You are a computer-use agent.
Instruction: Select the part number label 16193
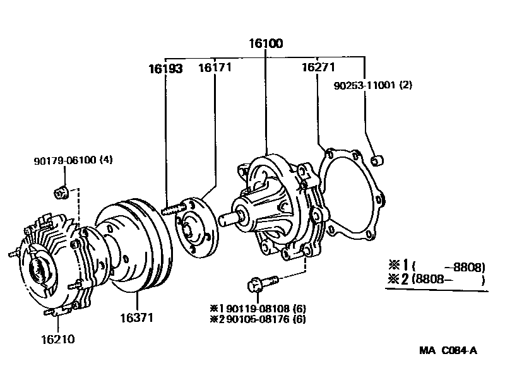[x=165, y=69]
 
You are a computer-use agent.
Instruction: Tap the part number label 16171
[x=215, y=68]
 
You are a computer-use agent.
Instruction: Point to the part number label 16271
[x=317, y=68]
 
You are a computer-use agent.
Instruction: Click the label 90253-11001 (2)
[x=372, y=85]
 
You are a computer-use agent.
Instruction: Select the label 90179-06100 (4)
[x=73, y=160]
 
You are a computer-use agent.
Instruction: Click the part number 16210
[x=57, y=339]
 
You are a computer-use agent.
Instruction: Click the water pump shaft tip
[x=227, y=218]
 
